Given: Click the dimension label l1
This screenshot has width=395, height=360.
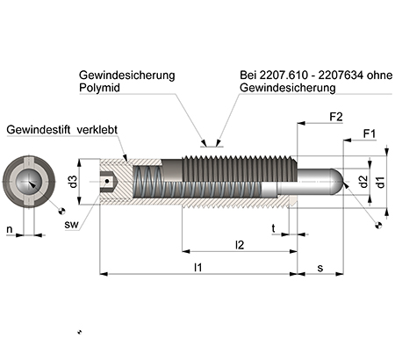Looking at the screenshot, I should [199, 267].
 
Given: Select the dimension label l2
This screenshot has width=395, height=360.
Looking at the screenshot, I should [239, 244].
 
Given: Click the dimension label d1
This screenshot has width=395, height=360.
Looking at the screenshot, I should [379, 182].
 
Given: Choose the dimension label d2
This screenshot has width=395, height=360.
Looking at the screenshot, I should [363, 182].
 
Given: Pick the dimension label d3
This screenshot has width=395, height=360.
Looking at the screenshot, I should [74, 181].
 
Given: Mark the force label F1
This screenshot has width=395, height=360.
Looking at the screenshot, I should [370, 134].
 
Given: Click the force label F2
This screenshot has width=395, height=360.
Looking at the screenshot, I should [335, 116].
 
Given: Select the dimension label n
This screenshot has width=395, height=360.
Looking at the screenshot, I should [10, 230].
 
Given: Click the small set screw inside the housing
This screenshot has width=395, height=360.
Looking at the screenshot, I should [107, 182].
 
